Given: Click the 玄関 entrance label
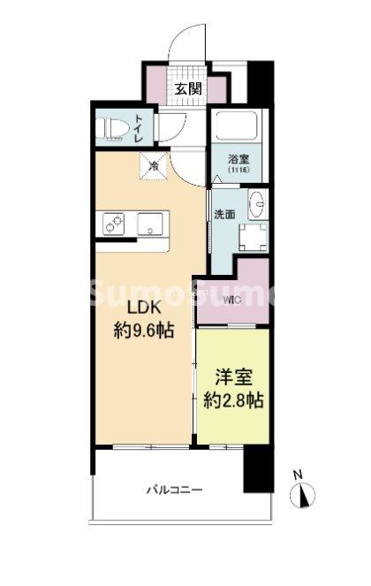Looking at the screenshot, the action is coord(189,89).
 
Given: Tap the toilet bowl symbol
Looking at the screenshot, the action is coord(110,128).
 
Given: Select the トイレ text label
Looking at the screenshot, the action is coord(140,128).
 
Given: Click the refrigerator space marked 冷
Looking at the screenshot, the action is coord(154,165).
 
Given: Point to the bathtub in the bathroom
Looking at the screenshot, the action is coord(236,125).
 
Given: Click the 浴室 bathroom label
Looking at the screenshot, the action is coord(238,160).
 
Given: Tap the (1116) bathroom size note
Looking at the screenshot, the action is coord(238,170).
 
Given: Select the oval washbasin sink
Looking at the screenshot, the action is coord(257,203).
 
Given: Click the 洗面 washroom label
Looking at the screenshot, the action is coord(224,215).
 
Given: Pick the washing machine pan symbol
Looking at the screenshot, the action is coord(253,237).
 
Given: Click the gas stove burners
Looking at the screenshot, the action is coord(113,224).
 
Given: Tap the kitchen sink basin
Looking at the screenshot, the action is coord(150,224).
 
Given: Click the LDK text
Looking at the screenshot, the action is coord(144,308).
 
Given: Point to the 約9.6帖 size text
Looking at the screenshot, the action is coord(144,331).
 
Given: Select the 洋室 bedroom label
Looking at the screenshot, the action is coord(234,377).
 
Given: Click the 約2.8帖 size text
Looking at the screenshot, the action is coord(233,400).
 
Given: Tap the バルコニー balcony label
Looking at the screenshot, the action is coord(174,489).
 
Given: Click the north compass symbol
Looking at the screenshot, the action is coord(302,495).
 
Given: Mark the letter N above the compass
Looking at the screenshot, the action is coord(298,475).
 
